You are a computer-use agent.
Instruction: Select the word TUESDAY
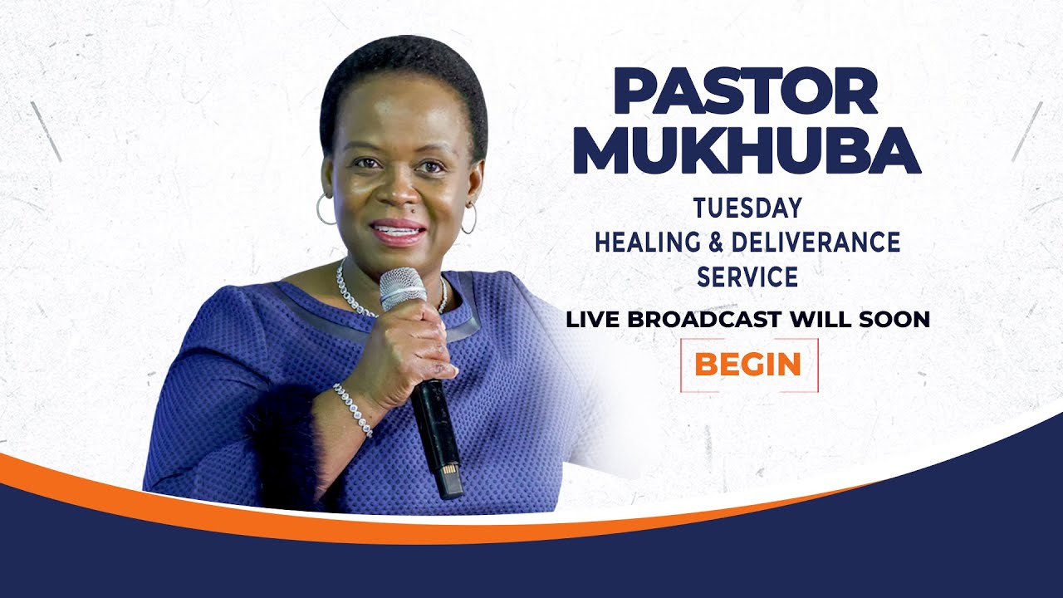click(747, 208)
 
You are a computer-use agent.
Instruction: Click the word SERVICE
click(747, 277)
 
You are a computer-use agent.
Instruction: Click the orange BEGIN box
click(748, 365)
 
